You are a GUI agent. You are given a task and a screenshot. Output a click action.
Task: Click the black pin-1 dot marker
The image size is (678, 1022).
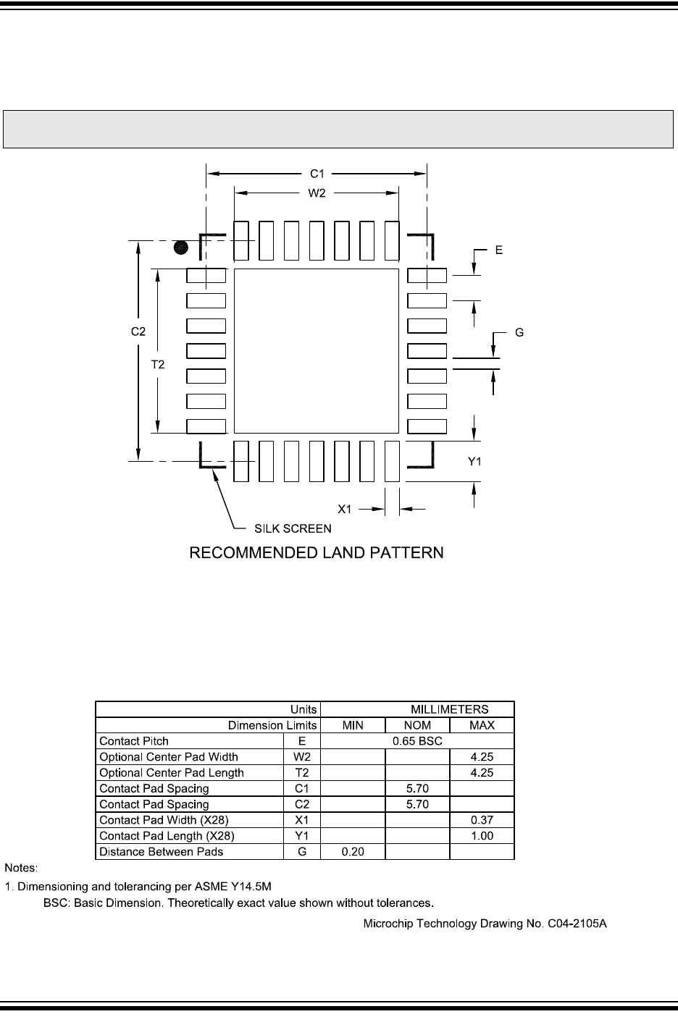point(182,248)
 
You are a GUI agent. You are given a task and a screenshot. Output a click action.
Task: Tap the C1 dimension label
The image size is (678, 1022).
point(317,174)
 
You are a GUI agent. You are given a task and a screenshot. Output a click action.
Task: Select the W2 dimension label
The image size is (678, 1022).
point(317,193)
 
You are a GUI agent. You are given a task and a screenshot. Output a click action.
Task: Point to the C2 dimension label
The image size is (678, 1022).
point(138,331)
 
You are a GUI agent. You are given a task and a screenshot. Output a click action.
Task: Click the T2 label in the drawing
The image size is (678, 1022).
point(158,366)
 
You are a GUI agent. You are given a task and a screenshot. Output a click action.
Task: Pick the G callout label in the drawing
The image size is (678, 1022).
point(519,333)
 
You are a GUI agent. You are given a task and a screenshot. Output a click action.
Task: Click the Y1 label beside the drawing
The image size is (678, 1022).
point(474,462)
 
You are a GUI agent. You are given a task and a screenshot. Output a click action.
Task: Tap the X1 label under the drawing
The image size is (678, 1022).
point(346,509)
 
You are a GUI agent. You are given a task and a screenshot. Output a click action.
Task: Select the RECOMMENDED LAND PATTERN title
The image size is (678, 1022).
point(316,554)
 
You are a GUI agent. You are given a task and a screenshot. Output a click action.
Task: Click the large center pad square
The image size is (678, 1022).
point(317,351)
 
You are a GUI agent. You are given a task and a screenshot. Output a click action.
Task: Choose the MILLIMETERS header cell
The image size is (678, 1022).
point(449,709)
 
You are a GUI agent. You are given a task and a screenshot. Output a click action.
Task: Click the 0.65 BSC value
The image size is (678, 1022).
point(417,741)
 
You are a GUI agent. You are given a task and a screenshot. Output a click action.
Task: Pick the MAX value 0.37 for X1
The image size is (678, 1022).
point(482,820)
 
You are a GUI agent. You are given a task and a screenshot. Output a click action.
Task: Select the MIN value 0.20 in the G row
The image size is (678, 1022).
point(353,852)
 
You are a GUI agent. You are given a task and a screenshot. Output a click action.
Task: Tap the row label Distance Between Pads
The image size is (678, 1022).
point(162,852)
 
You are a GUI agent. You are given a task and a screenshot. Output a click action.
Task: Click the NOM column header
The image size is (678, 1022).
point(417,725)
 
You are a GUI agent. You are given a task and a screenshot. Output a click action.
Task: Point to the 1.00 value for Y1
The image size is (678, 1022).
point(482,836)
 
